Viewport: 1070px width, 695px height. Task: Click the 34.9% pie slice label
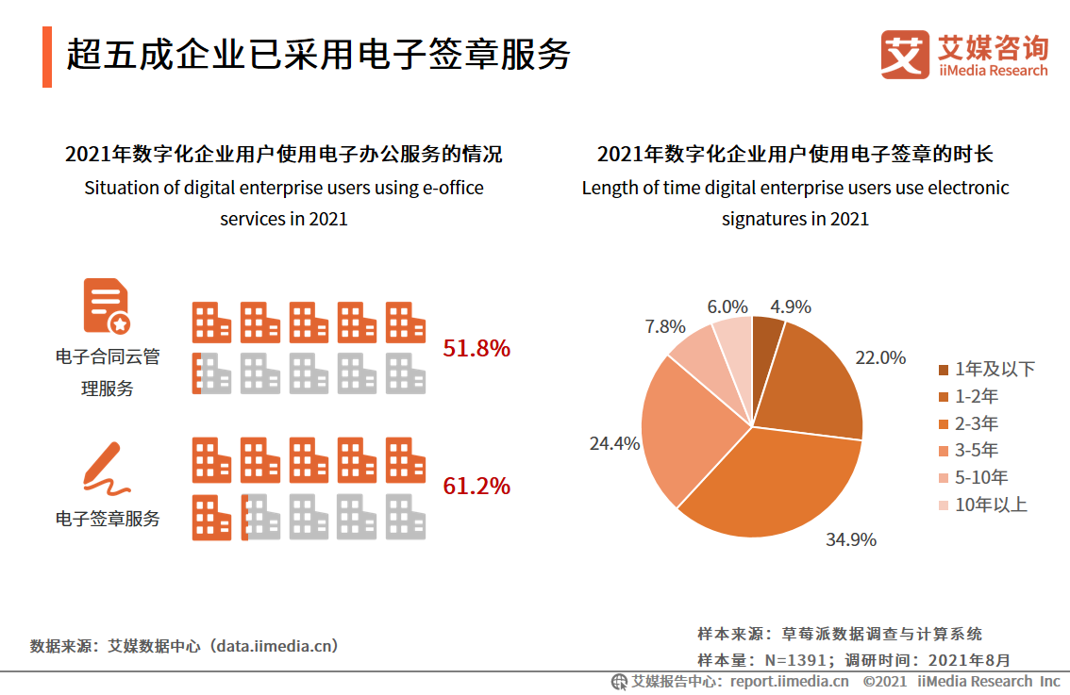tap(851, 540)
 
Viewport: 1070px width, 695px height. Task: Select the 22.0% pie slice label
tap(880, 358)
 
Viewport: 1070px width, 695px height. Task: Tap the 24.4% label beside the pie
tap(614, 443)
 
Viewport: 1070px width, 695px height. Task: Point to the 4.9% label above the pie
tap(790, 307)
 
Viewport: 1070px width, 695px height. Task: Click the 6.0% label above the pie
tap(727, 307)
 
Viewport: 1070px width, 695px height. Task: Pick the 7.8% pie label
tap(665, 327)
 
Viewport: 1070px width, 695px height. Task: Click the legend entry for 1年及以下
tap(986, 369)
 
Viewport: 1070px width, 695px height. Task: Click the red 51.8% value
tap(476, 349)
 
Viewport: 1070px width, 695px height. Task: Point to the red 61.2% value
tap(476, 487)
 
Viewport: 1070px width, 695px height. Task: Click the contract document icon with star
tap(107, 306)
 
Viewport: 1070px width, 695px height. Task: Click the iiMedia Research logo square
tap(905, 55)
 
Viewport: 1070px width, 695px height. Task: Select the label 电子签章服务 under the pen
tap(108, 519)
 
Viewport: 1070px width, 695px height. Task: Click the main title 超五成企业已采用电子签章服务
tap(318, 56)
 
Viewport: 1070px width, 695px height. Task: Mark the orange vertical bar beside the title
tap(47, 57)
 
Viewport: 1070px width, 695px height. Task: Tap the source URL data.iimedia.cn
tap(275, 646)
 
